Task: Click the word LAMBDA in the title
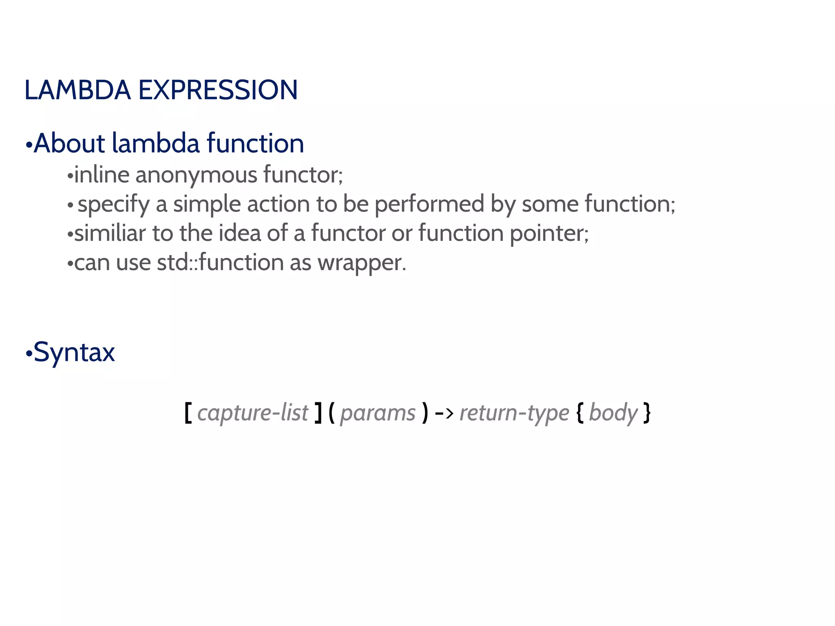point(77,90)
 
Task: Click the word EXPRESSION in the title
point(218,90)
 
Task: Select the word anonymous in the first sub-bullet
point(196,175)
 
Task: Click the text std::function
point(220,262)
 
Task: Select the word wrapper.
point(362,263)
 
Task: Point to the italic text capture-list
point(253,413)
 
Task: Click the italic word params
point(378,413)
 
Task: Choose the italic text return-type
point(514,413)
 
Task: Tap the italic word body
point(613,413)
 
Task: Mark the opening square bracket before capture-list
point(188,413)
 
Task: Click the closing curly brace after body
point(647,413)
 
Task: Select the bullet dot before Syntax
point(29,354)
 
